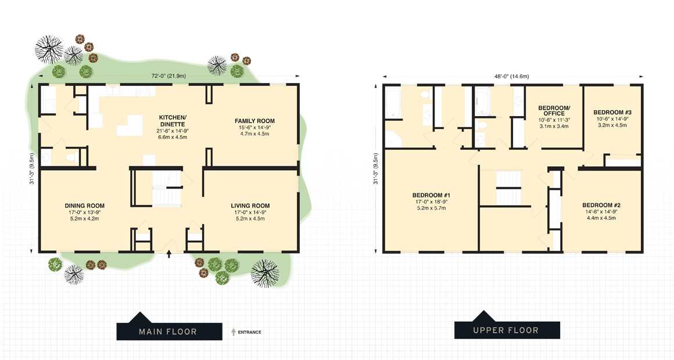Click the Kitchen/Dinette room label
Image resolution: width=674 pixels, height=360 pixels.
[x=173, y=121]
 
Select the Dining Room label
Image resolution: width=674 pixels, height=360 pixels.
[x=84, y=206]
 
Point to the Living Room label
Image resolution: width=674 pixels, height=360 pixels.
[x=250, y=206]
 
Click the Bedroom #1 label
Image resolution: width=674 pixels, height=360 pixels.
[x=431, y=195]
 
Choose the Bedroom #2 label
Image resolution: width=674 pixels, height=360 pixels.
[x=601, y=205]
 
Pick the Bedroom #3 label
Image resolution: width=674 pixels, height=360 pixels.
[x=612, y=112]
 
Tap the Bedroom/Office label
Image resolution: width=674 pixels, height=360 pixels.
[x=554, y=110]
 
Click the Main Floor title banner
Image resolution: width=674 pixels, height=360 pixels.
[x=168, y=331]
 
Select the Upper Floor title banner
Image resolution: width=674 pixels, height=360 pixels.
[x=507, y=329]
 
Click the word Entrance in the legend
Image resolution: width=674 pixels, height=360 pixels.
[x=249, y=332]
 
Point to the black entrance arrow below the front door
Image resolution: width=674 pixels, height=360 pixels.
[x=169, y=254]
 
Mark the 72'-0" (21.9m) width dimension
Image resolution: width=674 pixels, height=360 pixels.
[x=168, y=76]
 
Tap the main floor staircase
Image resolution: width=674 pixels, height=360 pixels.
[x=166, y=189]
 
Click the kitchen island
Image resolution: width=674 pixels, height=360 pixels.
[x=130, y=124]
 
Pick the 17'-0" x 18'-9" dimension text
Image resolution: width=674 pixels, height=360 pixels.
[x=431, y=202]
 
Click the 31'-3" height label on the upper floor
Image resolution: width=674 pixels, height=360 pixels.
[x=377, y=168]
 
